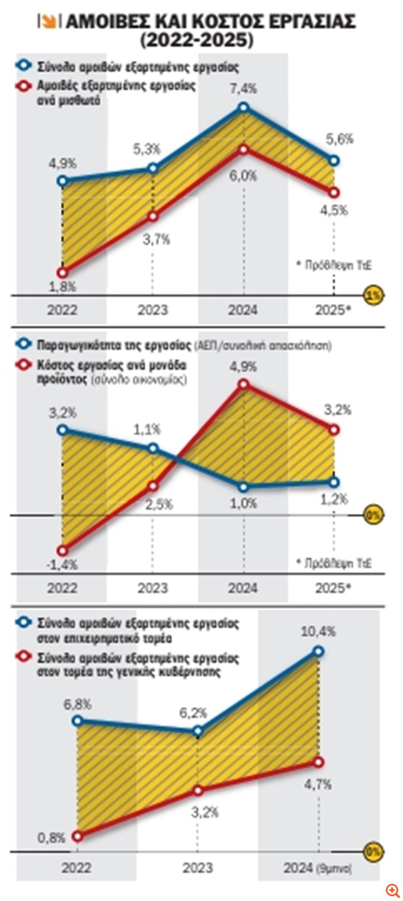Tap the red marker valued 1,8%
62,273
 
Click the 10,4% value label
322,631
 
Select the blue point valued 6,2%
199,731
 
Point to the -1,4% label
61,565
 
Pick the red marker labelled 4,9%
244,384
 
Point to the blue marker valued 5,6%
334,161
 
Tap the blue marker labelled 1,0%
244,487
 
